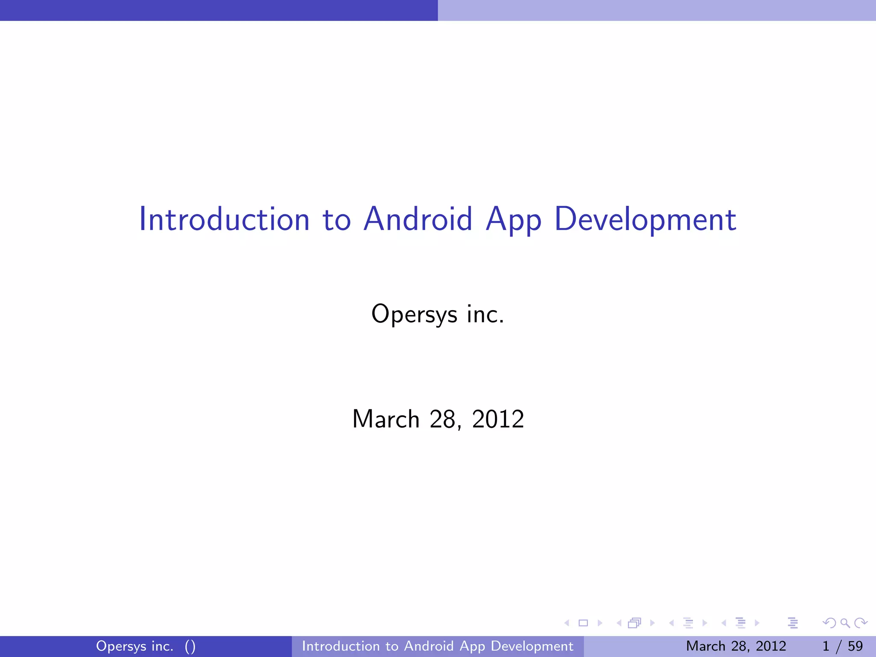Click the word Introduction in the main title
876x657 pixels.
click(x=224, y=219)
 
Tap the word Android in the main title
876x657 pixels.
click(x=418, y=219)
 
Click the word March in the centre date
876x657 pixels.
click(x=386, y=419)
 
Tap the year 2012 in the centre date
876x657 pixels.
click(x=498, y=419)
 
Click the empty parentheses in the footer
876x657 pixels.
click(x=190, y=646)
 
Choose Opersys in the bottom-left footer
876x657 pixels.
click(x=121, y=646)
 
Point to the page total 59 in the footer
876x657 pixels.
click(x=855, y=646)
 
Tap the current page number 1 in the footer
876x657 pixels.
click(x=826, y=646)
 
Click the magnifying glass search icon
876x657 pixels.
click(x=845, y=623)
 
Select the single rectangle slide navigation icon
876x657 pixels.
click(x=583, y=623)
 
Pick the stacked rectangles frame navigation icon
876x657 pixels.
click(x=634, y=623)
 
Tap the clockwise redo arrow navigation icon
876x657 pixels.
click(x=861, y=623)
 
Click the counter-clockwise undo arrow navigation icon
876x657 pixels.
click(x=829, y=623)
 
